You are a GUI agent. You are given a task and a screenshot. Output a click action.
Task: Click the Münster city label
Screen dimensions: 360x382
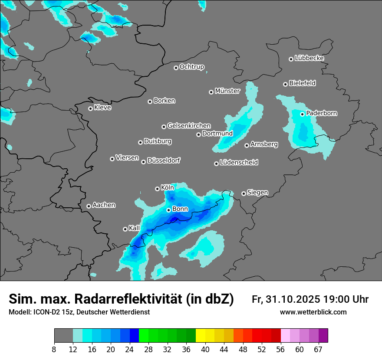(x=227, y=91)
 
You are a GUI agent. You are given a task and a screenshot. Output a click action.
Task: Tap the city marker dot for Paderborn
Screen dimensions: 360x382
(x=303, y=114)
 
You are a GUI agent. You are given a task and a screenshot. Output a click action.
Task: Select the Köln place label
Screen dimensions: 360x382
(x=168, y=188)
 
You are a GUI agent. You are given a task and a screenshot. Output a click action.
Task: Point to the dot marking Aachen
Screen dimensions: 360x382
(x=89, y=206)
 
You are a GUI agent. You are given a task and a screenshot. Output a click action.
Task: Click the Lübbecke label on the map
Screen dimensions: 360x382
(x=309, y=58)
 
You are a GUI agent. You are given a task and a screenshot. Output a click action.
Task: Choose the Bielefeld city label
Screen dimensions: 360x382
(x=302, y=83)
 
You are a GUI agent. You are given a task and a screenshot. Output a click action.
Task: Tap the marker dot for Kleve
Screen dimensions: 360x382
(x=90, y=108)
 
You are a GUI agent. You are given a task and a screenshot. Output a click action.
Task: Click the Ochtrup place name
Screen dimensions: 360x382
(x=192, y=67)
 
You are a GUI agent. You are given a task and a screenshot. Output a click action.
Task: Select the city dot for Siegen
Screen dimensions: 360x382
(x=244, y=193)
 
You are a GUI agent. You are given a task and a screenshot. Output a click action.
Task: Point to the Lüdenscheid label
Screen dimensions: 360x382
(x=239, y=163)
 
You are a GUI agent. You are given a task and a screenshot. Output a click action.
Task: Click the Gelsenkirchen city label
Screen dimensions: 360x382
(x=189, y=126)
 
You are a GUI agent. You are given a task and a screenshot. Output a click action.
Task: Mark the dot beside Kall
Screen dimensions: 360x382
(x=125, y=229)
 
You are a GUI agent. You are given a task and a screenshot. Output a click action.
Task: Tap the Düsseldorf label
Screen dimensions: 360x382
(x=164, y=160)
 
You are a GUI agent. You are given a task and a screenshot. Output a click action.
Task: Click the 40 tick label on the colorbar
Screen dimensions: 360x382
(x=205, y=349)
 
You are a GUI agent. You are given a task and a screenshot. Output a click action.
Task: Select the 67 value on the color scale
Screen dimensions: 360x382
(x=318, y=349)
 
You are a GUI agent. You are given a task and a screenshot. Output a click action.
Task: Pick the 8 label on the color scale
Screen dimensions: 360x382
(x=54, y=349)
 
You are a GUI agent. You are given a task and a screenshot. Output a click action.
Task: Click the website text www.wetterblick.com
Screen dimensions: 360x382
(x=313, y=312)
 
